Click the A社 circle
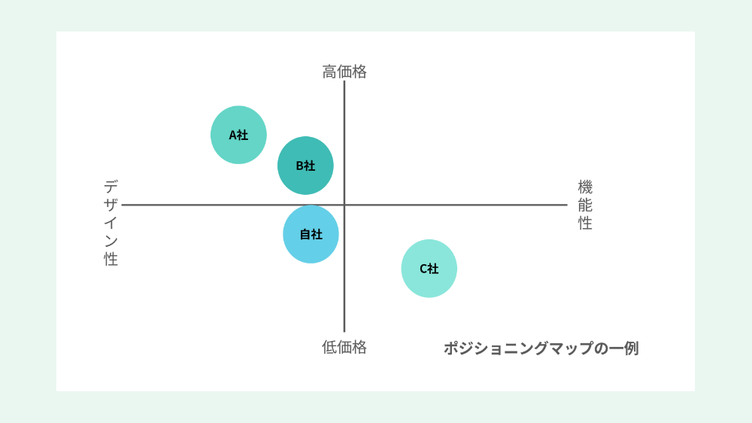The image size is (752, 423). (238, 135)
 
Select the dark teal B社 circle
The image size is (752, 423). (305, 166)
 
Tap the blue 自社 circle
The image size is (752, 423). (311, 234)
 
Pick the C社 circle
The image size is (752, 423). (429, 269)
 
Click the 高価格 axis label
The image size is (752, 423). (344, 72)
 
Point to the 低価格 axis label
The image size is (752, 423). (344, 347)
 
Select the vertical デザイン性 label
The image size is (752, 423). (111, 223)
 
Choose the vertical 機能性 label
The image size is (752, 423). (585, 205)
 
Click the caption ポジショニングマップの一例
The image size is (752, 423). (541, 348)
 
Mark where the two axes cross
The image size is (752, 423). (344, 205)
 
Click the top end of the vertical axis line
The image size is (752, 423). (344, 81)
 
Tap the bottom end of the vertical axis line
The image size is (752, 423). (344, 332)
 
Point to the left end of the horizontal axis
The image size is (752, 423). (122, 205)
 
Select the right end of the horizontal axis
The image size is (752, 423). (567, 205)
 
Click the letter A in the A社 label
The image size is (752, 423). (232, 135)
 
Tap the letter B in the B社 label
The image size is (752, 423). (299, 166)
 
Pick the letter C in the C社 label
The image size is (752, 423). (423, 269)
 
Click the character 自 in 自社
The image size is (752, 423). (305, 234)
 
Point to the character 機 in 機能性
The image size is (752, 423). (585, 187)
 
